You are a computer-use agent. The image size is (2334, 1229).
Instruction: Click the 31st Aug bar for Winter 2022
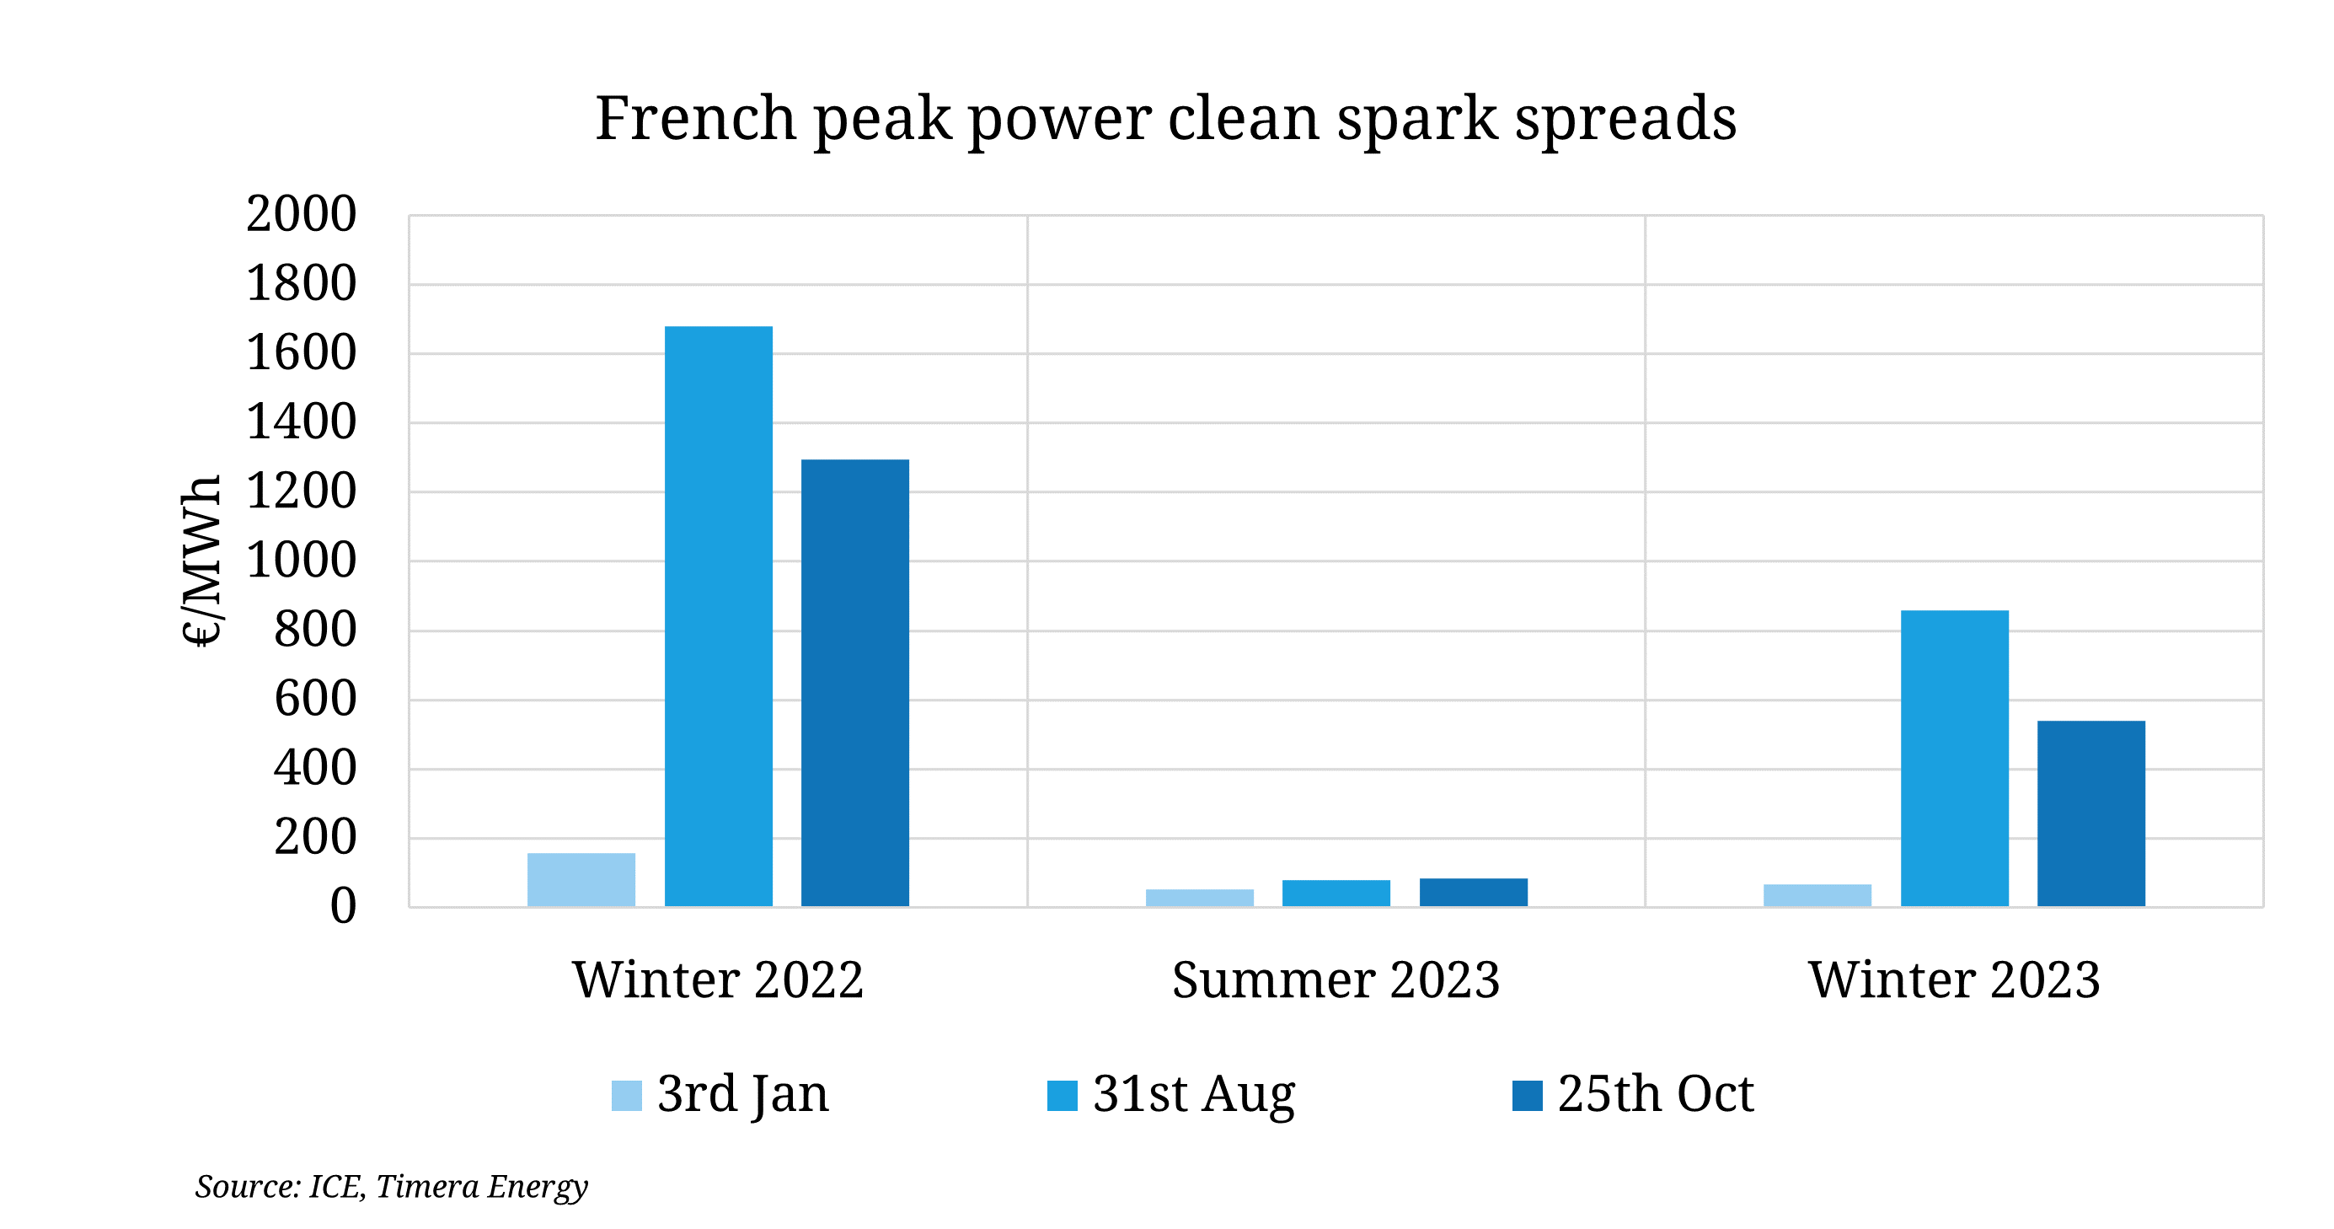(719, 616)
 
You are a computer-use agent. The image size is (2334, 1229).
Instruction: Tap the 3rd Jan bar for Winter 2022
(581, 879)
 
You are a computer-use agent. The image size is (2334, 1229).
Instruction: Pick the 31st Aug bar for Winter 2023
(1954, 758)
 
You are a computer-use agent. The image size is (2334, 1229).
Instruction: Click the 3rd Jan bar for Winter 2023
(1817, 894)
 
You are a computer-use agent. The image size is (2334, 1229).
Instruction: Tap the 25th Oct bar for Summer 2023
(1473, 892)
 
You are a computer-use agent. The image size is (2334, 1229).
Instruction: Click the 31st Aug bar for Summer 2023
(1336, 893)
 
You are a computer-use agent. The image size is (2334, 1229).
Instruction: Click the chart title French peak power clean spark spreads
(1165, 118)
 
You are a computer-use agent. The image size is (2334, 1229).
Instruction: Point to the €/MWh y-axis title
(201, 560)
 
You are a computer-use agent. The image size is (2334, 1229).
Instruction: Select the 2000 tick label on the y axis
(301, 215)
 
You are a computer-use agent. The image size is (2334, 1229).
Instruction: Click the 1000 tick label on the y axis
(301, 561)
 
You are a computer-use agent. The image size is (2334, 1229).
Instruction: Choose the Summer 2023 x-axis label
(1336, 979)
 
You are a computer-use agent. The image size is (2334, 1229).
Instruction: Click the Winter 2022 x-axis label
(718, 979)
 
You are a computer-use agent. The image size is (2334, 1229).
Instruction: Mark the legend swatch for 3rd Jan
(626, 1095)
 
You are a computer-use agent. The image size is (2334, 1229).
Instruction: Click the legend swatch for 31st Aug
(1062, 1095)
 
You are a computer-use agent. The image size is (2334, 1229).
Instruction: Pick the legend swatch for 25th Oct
(1527, 1095)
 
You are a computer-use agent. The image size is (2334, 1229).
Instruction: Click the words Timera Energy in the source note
(481, 1186)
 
